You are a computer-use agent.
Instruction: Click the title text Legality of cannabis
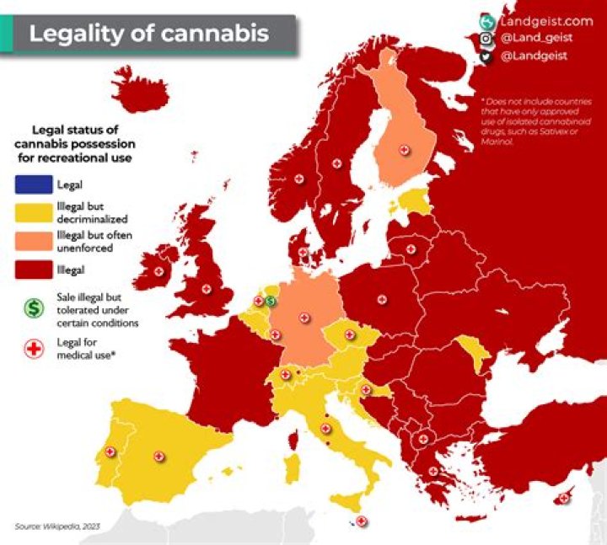pos(149,34)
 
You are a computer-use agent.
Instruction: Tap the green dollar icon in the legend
pos(35,308)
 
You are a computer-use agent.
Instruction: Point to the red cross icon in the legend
pos(35,349)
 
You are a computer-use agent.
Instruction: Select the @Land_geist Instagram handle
pos(537,39)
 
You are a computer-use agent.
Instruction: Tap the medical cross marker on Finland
pos(404,149)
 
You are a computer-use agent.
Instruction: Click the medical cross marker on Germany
pos(304,317)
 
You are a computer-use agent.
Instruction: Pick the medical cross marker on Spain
pos(158,455)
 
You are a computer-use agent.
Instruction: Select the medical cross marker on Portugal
pos(109,452)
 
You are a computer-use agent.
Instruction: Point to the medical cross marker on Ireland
pos(159,271)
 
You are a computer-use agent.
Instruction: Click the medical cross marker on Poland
pos(382,299)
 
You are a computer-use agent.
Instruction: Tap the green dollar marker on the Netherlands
pos(271,301)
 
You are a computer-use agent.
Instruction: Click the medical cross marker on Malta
pos(361,521)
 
